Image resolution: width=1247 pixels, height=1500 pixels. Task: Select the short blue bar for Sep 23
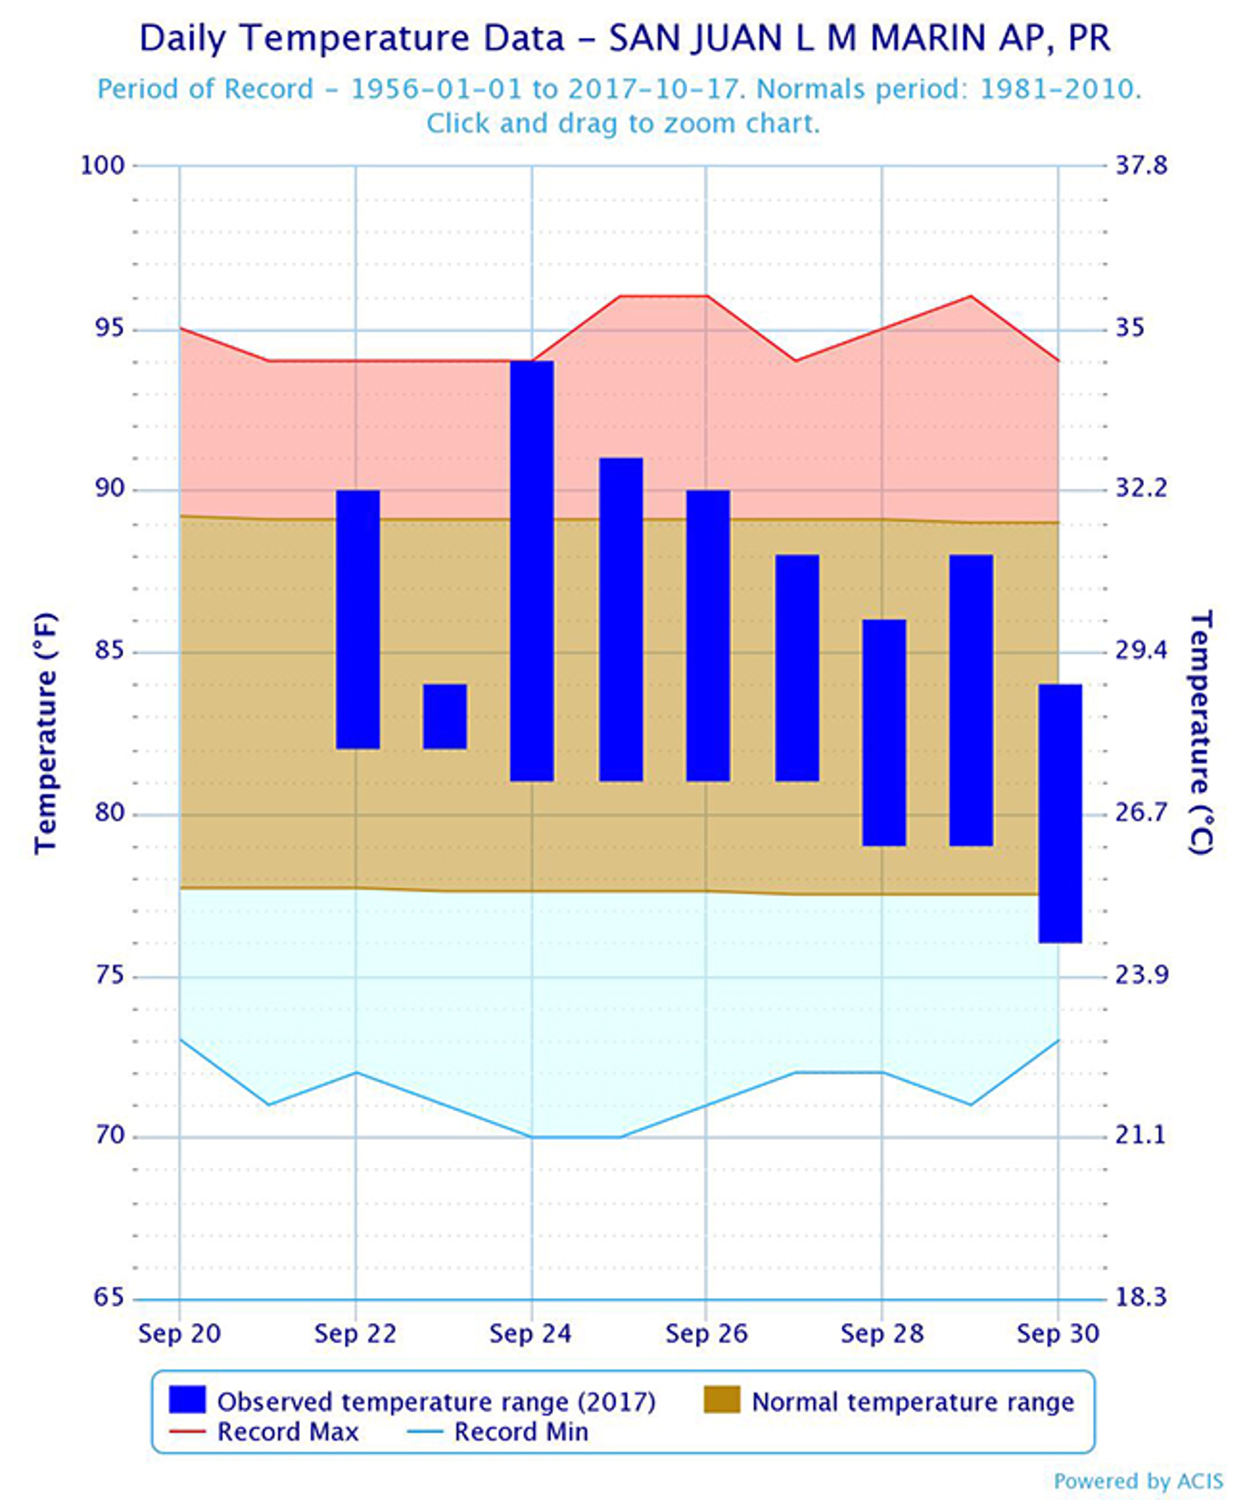coord(445,717)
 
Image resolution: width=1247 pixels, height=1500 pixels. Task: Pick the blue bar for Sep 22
coord(357,619)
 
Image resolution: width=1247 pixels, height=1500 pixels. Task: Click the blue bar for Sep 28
coord(884,732)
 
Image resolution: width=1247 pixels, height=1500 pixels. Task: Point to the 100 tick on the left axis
coord(102,166)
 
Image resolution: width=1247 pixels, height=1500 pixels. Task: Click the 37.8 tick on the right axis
coord(1141,166)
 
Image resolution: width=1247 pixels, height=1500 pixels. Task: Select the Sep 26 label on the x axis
coord(706,1333)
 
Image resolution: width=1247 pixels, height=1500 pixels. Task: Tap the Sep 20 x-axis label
coord(179,1333)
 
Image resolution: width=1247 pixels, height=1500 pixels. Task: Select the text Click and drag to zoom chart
coord(623,124)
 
